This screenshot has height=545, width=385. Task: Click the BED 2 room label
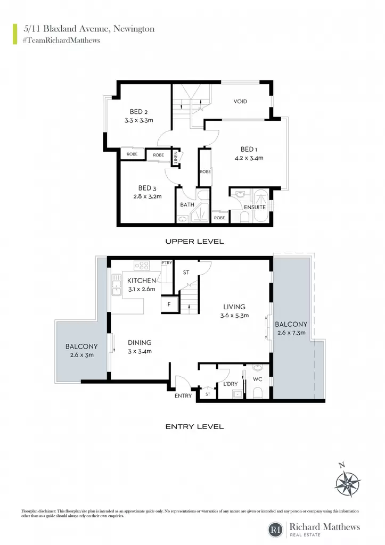[138, 112]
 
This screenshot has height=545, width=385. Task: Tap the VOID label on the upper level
[240, 102]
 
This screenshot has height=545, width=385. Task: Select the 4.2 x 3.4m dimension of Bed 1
[249, 158]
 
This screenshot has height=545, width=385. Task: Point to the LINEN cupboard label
[176, 158]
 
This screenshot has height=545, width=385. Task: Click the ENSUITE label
[255, 207]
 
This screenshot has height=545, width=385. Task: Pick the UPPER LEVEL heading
[194, 242]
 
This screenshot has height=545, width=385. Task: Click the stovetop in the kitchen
[142, 266]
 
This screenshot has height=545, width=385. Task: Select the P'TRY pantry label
[167, 263]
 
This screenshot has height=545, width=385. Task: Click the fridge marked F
[169, 304]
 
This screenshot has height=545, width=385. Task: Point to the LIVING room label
[234, 307]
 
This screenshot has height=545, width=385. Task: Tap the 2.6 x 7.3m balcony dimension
[291, 333]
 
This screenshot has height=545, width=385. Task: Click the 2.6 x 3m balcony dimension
[81, 355]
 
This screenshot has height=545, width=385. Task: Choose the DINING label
[140, 343]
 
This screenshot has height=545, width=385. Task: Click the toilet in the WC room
[257, 392]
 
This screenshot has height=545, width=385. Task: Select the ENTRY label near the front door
[183, 395]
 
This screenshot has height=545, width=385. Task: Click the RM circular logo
[276, 530]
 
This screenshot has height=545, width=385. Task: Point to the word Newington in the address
[134, 29]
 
